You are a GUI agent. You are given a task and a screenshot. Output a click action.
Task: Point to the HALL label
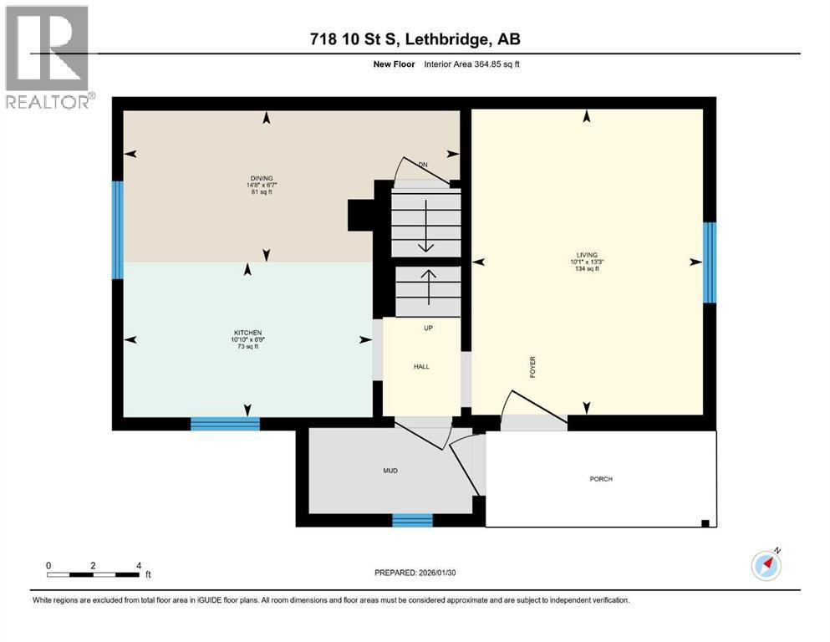422,366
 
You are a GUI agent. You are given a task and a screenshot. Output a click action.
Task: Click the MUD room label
390,471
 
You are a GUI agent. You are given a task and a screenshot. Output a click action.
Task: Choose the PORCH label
600,479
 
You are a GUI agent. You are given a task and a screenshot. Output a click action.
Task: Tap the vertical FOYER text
532,368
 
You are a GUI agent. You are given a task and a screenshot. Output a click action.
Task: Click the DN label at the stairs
423,165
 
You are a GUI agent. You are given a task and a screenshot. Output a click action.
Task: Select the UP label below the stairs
427,328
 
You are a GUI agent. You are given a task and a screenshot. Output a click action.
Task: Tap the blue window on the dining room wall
118,229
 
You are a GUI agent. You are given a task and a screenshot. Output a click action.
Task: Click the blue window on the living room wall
710,262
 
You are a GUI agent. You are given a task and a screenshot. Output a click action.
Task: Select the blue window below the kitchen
225,424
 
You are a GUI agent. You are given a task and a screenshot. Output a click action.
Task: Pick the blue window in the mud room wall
412,520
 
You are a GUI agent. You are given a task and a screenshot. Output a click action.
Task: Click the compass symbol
766,565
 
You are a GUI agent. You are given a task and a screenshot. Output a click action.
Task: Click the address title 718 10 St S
415,39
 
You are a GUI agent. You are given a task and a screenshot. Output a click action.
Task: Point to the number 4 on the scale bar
139,565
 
